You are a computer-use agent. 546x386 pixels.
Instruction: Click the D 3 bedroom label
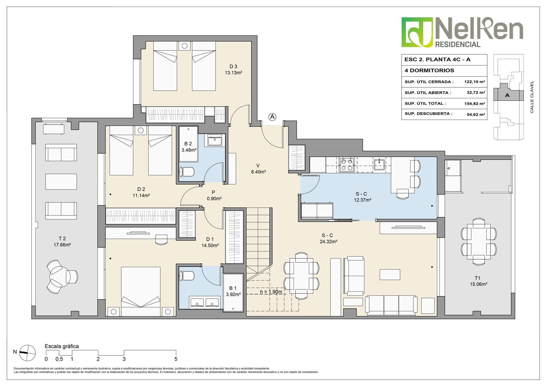[233, 66]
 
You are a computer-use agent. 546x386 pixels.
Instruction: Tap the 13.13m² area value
[233, 73]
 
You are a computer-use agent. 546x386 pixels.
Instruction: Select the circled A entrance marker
[272, 117]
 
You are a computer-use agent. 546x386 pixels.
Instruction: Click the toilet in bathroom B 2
[187, 172]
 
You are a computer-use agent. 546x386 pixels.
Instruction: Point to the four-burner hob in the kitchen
[347, 164]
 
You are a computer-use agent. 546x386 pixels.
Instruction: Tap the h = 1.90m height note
[271, 292]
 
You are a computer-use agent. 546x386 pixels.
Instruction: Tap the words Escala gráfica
[62, 346]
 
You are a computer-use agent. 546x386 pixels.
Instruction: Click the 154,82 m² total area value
[474, 103]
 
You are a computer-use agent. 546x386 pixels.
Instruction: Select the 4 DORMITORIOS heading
[429, 70]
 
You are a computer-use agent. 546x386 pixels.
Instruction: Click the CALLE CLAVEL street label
[532, 97]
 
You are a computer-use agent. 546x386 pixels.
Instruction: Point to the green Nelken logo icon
[417, 32]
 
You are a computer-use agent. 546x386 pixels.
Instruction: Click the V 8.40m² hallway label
[258, 168]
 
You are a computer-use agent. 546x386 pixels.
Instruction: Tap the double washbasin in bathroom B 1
[204, 302]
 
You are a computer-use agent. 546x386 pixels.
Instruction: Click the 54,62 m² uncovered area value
[476, 114]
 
